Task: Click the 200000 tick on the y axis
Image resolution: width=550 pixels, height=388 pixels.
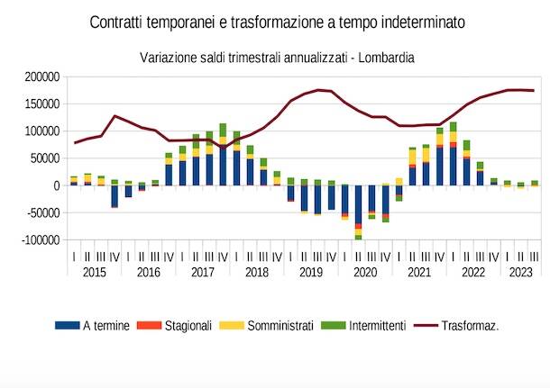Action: coord(42,77)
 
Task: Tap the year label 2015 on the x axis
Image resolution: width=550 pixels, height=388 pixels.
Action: coord(94,271)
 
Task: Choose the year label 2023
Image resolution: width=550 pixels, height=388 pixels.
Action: coord(521,271)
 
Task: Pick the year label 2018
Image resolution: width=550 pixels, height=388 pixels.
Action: coord(256,271)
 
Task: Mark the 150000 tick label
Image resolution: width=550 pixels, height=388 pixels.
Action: coord(42,104)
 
